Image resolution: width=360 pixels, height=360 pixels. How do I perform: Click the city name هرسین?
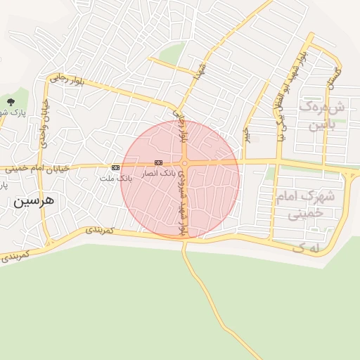pyautogui.click(x=32, y=202)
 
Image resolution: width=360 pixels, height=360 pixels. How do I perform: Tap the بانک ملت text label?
pyautogui.click(x=116, y=179)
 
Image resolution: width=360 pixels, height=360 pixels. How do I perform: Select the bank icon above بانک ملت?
pyautogui.click(x=115, y=167)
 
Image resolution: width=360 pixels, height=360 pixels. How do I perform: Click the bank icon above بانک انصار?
pyautogui.click(x=158, y=162)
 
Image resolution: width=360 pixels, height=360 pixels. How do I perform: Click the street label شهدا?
pyautogui.click(x=199, y=73)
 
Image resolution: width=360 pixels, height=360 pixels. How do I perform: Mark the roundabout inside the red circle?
pyautogui.click(x=184, y=164)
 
